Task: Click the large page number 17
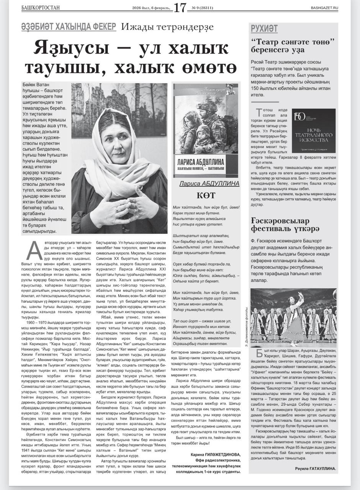pyautogui.click(x=180, y=7)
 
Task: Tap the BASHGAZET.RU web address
pyautogui.click(x=324, y=8)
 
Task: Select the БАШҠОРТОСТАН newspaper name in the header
pyautogui.click(x=41, y=8)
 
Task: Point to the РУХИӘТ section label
pyautogui.click(x=264, y=29)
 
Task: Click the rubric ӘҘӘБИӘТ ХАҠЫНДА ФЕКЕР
pyautogui.click(x=69, y=27)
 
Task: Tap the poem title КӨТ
pyautogui.click(x=206, y=195)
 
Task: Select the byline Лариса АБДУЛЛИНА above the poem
pyautogui.click(x=209, y=184)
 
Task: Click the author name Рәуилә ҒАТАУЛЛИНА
pyautogui.click(x=315, y=468)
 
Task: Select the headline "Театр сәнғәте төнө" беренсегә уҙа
pyautogui.click(x=293, y=46)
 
